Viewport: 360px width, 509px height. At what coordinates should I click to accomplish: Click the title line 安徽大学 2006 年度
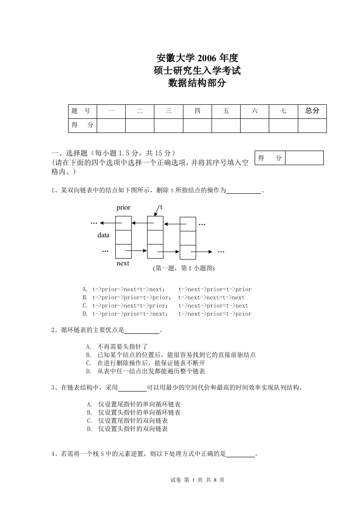point(197,58)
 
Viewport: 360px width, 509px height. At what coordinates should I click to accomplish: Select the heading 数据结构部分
point(197,83)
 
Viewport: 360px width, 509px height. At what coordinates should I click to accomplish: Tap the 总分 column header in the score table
point(312,111)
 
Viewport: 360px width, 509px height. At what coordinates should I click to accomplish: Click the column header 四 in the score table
point(197,111)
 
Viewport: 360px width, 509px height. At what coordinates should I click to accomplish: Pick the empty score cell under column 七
point(283,125)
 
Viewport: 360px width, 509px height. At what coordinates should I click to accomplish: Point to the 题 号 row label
point(82,111)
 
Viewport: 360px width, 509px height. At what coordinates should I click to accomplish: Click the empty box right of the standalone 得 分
point(304,158)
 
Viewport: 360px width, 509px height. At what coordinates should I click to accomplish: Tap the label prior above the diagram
point(123,208)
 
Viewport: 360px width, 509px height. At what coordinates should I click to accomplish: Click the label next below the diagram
point(123,263)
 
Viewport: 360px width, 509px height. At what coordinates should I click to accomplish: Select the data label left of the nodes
point(104,235)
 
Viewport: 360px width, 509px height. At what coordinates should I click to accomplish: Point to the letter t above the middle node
point(161,207)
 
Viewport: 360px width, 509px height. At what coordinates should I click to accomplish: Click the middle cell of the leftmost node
point(123,237)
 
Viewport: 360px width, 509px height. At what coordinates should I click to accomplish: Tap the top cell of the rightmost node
point(188,224)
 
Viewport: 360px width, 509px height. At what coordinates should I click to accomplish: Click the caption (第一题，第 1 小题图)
point(183,268)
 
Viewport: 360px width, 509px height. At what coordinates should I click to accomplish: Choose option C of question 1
point(167,306)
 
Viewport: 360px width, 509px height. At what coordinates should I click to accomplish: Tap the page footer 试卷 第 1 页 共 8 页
point(197,480)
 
